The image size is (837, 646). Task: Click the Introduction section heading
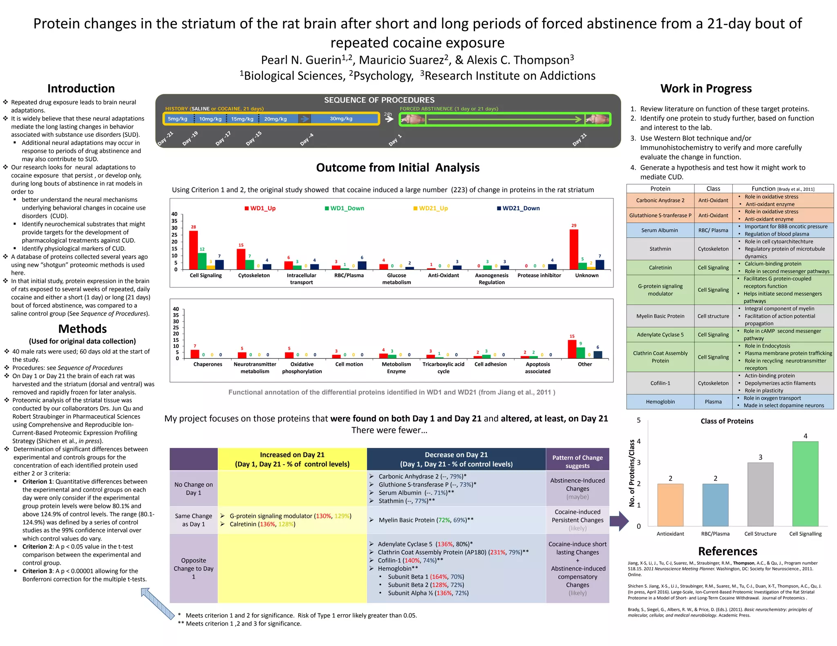[81, 89]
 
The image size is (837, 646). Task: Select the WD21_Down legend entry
[518, 208]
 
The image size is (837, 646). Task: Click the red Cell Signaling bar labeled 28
[193, 250]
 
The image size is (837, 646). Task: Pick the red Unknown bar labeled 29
[574, 249]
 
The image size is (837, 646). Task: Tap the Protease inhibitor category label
[539, 276]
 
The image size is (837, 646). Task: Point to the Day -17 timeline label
[223, 138]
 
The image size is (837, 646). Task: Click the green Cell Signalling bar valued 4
[805, 483]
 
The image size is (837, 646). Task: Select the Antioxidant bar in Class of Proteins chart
[670, 505]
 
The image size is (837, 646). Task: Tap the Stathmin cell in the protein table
[660, 249]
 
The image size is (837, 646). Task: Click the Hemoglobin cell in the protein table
[660, 402]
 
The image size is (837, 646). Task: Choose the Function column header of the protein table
[783, 189]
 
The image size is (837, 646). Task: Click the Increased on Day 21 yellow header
[292, 459]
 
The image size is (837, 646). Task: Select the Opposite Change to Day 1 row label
[193, 568]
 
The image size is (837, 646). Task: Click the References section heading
[727, 551]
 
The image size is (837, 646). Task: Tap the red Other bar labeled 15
[572, 349]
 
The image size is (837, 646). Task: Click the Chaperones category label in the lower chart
[208, 364]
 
